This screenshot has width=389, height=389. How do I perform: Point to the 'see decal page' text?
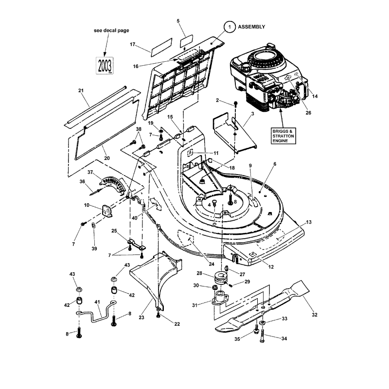pyautogui.click(x=111, y=30)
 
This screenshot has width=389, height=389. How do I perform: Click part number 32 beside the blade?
pyautogui.click(x=315, y=315)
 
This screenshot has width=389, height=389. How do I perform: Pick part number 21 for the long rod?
pyautogui.click(x=81, y=91)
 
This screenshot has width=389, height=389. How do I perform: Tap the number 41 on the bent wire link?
pyautogui.click(x=97, y=302)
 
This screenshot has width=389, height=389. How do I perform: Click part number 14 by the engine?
pyautogui.click(x=315, y=97)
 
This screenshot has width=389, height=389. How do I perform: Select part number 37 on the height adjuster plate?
pyautogui.click(x=90, y=172)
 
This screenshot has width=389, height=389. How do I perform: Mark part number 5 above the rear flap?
pyautogui.click(x=178, y=21)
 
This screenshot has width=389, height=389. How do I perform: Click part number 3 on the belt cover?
pyautogui.click(x=252, y=112)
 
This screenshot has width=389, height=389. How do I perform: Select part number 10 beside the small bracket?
pyautogui.click(x=86, y=206)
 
